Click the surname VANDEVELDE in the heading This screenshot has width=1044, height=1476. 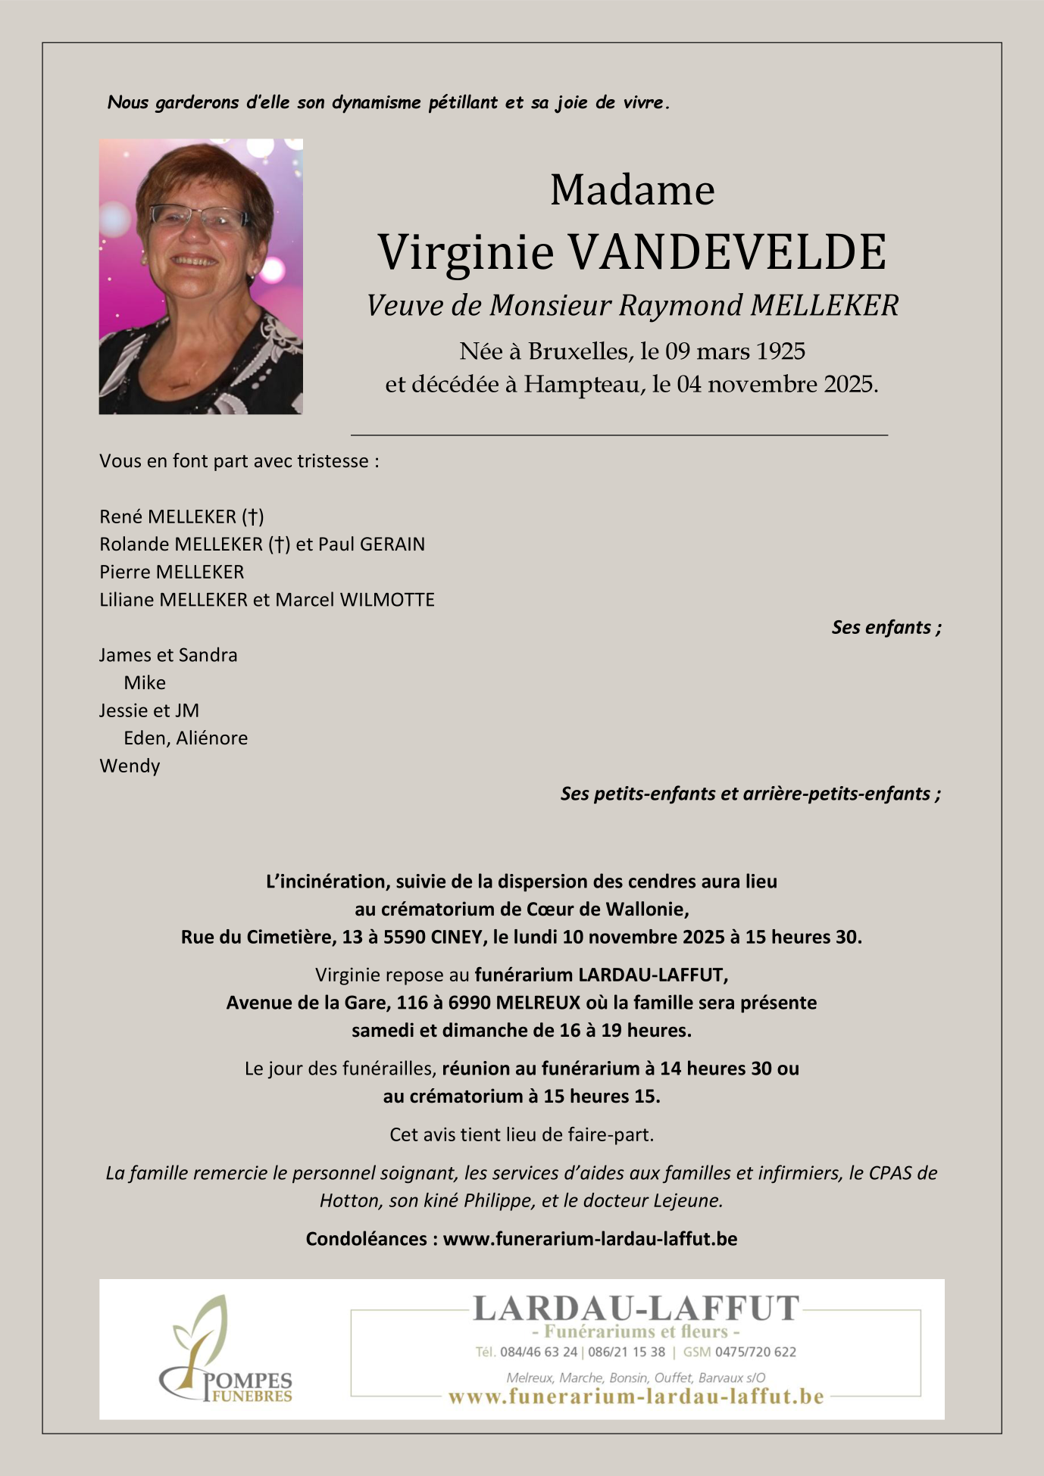pos(727,252)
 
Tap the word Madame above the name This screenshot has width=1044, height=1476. pos(632,190)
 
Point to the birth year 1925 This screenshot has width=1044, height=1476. pos(780,351)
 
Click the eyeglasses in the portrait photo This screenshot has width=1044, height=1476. pos(198,217)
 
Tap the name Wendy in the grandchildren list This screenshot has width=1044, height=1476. pos(130,766)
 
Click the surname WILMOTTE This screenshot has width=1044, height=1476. pos(387,600)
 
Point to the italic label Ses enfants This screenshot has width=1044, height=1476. pos(886,627)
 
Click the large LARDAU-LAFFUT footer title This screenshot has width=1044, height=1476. pos(636,1309)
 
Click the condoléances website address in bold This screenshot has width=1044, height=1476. pos(589,1239)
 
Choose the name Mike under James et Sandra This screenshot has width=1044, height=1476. pos(145,682)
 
